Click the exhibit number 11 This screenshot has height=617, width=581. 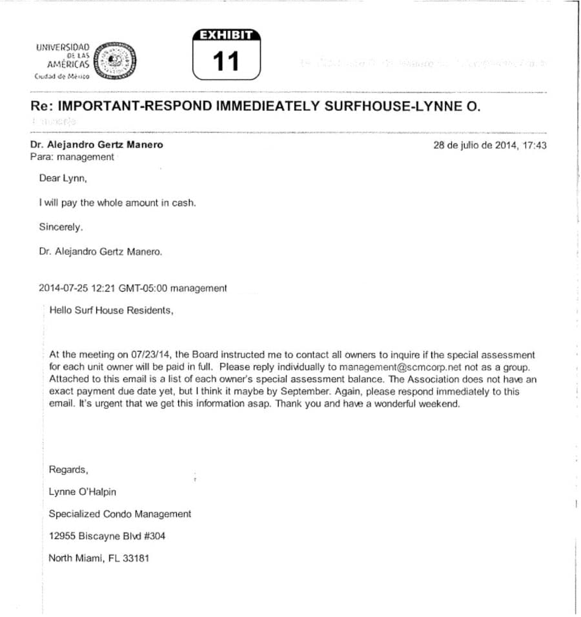pyautogui.click(x=226, y=61)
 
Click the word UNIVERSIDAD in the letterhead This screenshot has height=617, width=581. pyautogui.click(x=63, y=48)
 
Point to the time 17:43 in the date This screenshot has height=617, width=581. pyautogui.click(x=534, y=145)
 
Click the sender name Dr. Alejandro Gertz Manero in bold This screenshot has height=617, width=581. pyautogui.click(x=97, y=145)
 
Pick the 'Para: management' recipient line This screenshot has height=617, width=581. pyautogui.click(x=72, y=157)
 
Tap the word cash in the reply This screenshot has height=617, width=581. pyautogui.click(x=183, y=203)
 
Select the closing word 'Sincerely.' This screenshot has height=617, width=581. pyautogui.click(x=61, y=227)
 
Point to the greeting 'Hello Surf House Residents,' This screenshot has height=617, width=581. pyautogui.click(x=111, y=310)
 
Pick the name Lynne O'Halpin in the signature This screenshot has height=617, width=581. pyautogui.click(x=83, y=492)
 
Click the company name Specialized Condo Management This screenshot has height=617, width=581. pyautogui.click(x=120, y=514)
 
